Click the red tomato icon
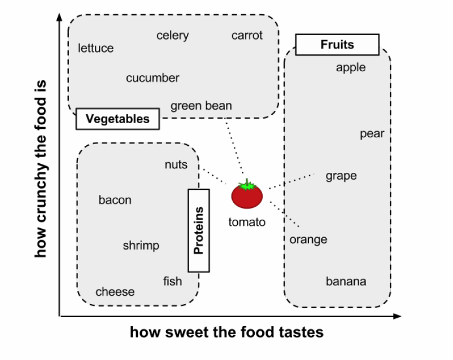point(247,196)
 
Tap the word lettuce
point(96,49)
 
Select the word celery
point(173,36)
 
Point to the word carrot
point(247,36)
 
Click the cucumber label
point(153,78)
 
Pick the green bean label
point(201,106)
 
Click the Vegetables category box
point(117,119)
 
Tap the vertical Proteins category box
point(198,230)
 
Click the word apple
point(351,68)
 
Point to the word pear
point(372,134)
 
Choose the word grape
point(341,176)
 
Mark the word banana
point(346,281)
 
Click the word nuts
point(176,165)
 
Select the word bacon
point(115,200)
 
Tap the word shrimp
point(141,246)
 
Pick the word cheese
point(115,292)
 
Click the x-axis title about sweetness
point(226,332)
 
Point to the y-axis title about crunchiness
point(40,168)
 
